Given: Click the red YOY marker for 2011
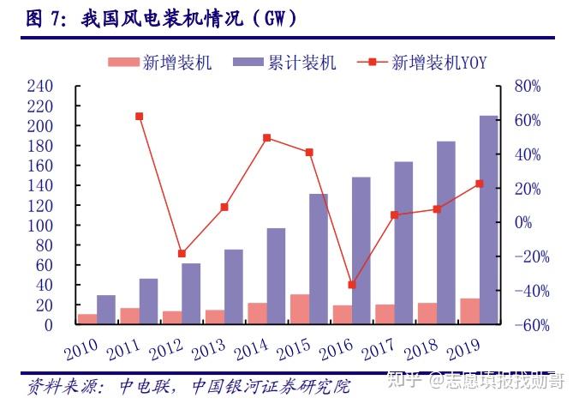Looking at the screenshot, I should point(139,116).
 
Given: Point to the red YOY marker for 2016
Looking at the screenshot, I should point(351,285).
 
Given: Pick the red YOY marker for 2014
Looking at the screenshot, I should point(266,137).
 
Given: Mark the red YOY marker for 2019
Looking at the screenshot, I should point(479,184).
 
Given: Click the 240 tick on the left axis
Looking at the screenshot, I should point(40,87).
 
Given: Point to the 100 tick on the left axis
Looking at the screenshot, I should point(40,226).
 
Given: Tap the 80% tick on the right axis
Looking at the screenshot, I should point(528,87).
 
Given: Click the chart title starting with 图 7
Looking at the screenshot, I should point(168,18).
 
